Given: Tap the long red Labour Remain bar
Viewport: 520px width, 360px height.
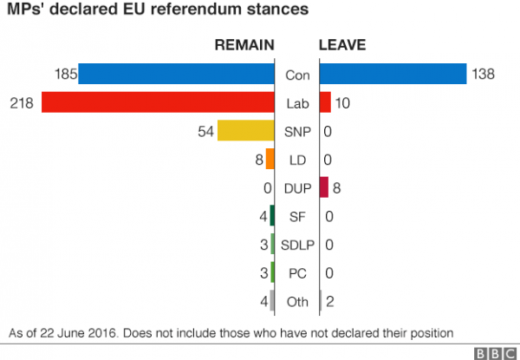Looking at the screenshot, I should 158,102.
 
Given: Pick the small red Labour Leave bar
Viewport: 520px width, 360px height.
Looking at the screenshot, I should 325,102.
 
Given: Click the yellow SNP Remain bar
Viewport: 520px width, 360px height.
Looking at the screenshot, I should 245,131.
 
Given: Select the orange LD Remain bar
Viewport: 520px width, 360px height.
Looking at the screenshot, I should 270,160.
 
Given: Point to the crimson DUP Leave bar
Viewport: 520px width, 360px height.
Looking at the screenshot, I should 324,187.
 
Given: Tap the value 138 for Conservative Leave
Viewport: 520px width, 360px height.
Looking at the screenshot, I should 483,75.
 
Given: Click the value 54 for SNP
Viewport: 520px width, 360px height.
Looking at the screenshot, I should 205,131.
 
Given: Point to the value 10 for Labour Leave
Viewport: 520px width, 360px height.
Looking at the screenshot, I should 341,103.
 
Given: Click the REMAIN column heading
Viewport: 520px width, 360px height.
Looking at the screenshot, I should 244,45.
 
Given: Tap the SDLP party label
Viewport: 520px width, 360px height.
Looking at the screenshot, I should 297,245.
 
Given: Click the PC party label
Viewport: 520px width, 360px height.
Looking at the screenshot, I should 297,273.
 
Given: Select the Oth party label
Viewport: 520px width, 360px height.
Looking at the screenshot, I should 297,302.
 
